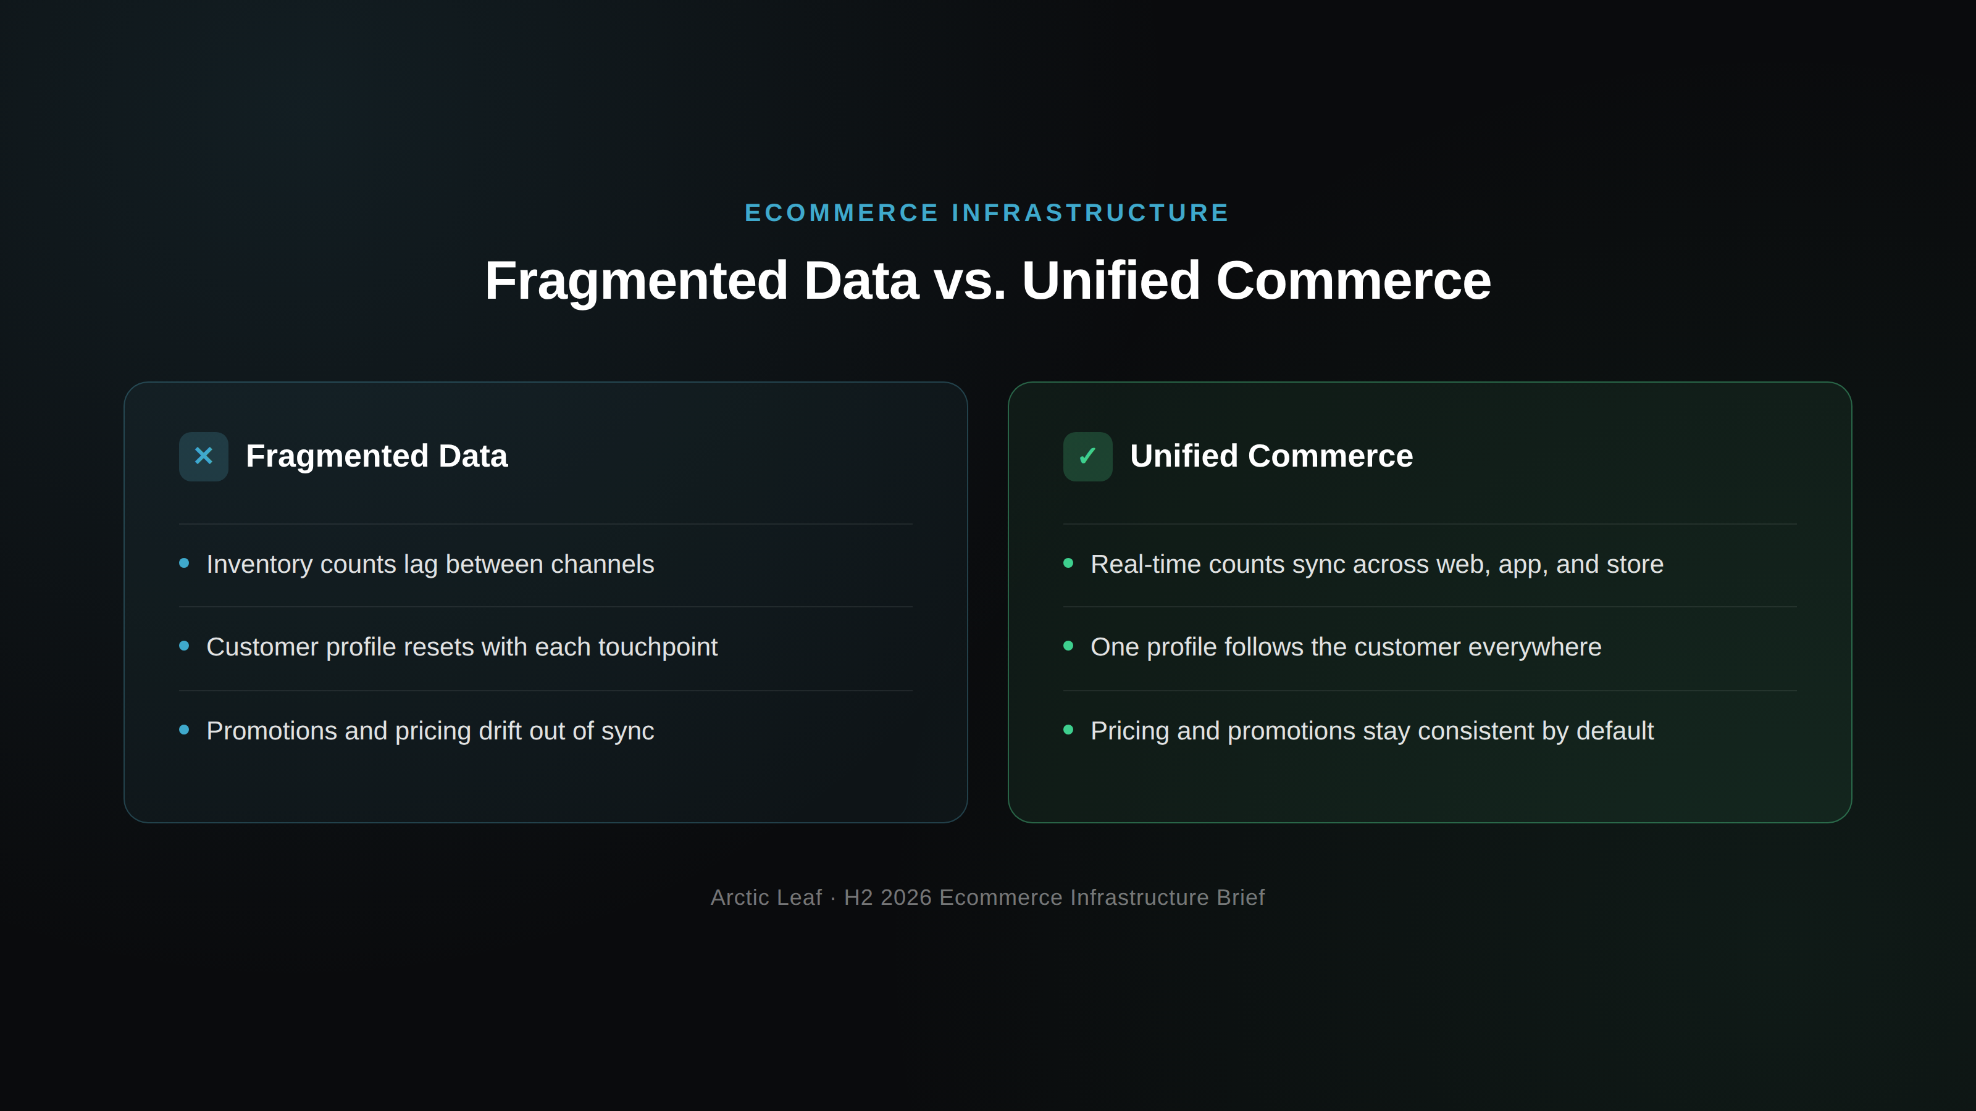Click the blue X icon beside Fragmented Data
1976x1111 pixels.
(x=203, y=456)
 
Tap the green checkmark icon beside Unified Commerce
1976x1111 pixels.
(x=1087, y=456)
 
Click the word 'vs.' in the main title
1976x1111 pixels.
(x=969, y=281)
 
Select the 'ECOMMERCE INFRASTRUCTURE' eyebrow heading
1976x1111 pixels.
(x=987, y=212)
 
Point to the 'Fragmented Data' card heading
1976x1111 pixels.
(x=377, y=456)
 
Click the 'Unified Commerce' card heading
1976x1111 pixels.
(x=1271, y=456)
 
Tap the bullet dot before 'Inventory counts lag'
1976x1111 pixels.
(x=184, y=564)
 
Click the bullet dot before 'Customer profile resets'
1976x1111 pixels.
(x=184, y=646)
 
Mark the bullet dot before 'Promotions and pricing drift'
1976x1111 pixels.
(x=184, y=730)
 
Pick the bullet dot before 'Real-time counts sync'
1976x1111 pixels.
(x=1068, y=564)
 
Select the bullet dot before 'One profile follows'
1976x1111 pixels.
(x=1068, y=646)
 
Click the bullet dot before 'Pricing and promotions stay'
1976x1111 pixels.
(x=1068, y=730)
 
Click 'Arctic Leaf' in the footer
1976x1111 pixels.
(x=766, y=897)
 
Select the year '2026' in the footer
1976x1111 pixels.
(x=906, y=897)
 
